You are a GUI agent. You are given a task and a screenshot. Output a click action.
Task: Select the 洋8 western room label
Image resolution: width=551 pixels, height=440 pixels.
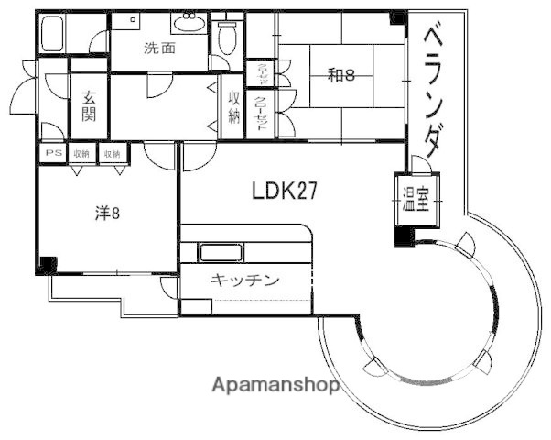coord(108,214)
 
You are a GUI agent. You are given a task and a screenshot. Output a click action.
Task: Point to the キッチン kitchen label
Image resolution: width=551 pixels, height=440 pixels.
coord(244,281)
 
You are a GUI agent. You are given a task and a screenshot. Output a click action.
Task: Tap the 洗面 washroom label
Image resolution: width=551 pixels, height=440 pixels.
coord(159,49)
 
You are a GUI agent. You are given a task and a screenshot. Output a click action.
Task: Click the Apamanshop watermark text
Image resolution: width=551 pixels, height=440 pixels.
coord(275,385)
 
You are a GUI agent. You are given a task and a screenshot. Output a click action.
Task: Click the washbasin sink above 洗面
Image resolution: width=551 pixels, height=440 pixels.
coord(192,21)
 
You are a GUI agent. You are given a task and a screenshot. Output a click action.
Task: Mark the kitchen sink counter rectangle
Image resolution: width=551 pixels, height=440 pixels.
coord(221,253)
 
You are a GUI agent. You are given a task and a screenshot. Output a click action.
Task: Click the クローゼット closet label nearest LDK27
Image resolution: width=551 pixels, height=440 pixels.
coord(260,115)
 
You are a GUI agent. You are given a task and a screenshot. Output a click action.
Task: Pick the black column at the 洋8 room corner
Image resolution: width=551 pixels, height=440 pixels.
coord(46,266)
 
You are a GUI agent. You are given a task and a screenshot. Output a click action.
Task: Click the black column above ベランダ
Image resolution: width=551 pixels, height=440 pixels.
coord(397,17)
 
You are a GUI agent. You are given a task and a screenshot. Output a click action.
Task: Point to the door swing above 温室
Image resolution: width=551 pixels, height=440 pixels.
coord(417,164)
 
